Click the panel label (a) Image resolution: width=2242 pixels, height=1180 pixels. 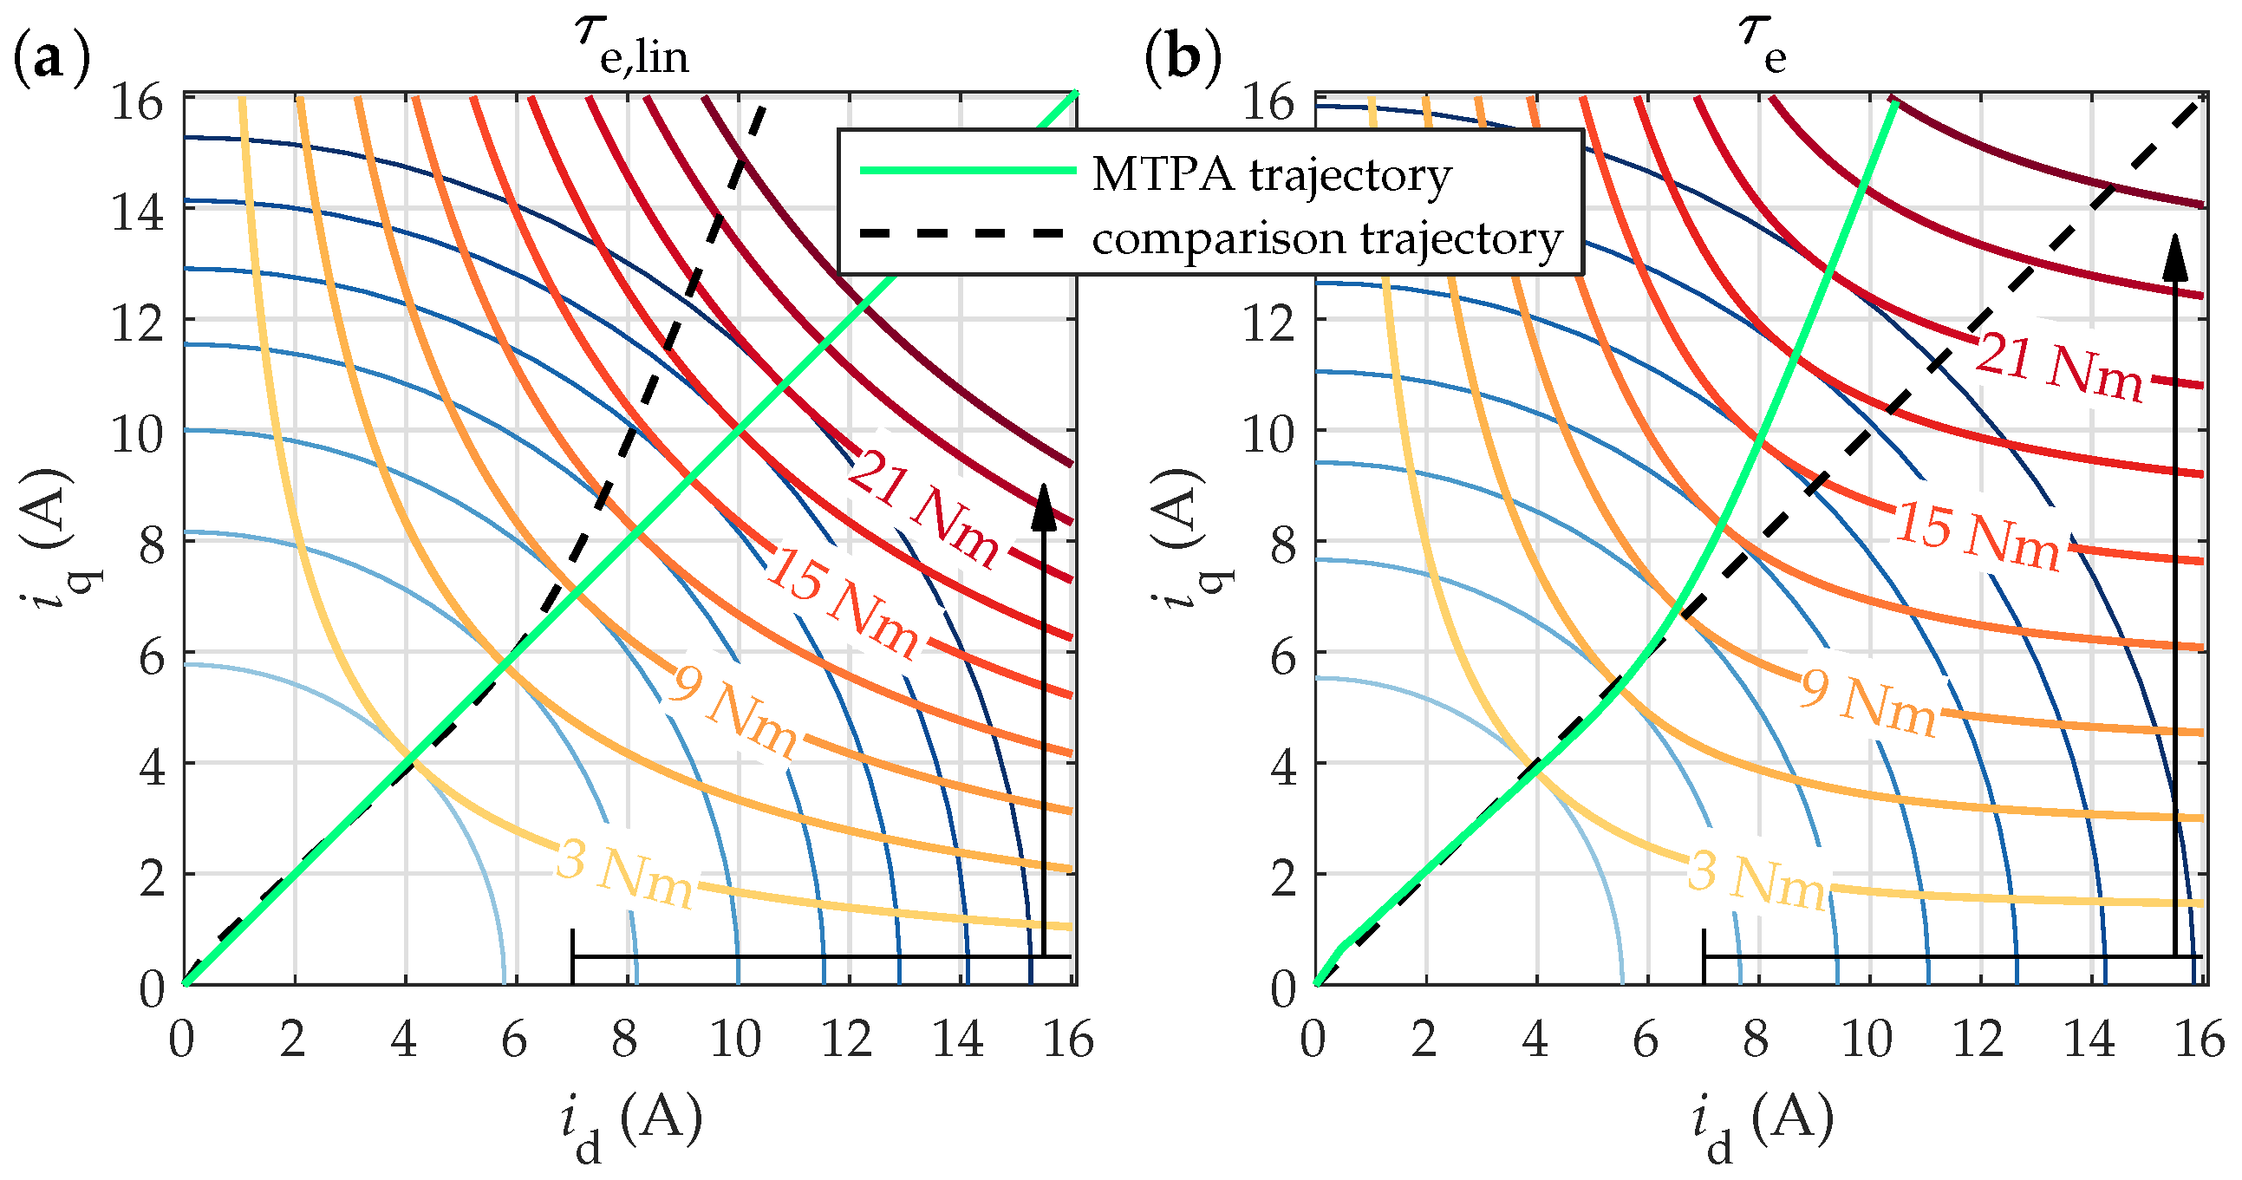point(51,59)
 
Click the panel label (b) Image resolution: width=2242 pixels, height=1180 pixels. point(1182,59)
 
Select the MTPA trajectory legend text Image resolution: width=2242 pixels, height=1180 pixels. point(1272,174)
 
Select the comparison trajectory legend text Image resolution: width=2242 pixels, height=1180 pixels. point(1327,238)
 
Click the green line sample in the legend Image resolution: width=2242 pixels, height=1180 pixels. point(967,170)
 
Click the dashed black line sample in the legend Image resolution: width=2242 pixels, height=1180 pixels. point(961,233)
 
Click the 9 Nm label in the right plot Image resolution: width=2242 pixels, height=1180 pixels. point(1867,701)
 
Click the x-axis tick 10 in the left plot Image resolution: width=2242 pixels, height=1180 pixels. point(735,1039)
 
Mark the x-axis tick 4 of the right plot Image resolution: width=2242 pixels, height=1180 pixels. point(1535,1039)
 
